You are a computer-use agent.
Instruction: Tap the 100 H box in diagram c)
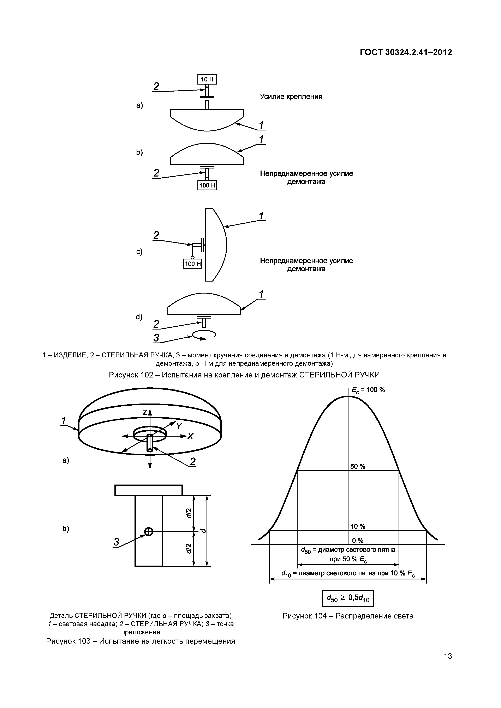(193, 264)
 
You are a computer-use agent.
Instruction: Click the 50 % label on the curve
(357, 467)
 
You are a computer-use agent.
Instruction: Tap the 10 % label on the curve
(357, 526)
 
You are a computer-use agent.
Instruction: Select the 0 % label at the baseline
(357, 541)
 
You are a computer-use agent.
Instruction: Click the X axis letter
(190, 436)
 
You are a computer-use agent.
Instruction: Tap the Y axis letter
(179, 426)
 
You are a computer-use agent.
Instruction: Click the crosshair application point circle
(149, 531)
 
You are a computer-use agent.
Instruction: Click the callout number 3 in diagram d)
(156, 338)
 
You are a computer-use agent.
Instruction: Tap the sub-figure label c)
(139, 252)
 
